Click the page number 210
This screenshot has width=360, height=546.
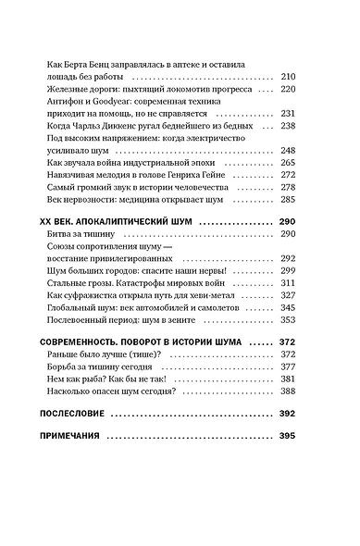click(x=287, y=76)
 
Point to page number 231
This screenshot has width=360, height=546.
click(x=287, y=112)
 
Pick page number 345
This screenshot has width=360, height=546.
click(x=287, y=306)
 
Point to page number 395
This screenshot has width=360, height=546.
click(x=287, y=436)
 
